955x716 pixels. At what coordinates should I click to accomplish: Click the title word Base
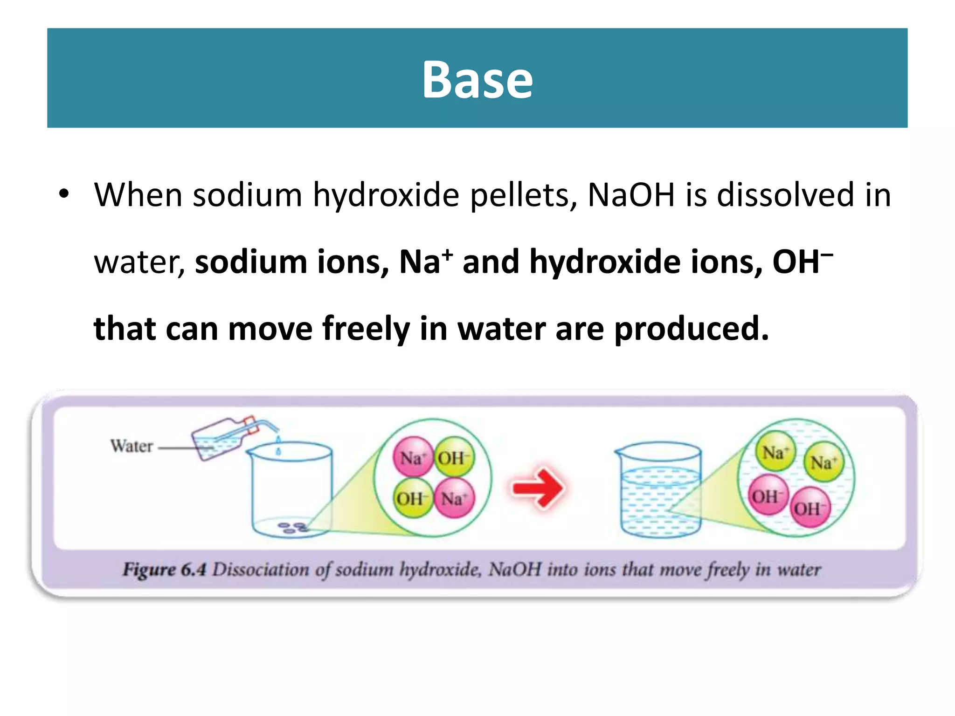point(477,80)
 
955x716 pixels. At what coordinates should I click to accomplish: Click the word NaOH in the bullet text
point(631,195)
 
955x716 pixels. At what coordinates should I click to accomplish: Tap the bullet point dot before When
point(64,193)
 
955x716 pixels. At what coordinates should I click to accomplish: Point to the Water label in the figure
point(131,446)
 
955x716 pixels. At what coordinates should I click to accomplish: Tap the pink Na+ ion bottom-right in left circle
point(454,498)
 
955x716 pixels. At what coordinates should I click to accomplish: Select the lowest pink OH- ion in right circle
point(810,508)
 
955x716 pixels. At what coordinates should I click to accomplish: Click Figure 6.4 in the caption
point(164,570)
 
